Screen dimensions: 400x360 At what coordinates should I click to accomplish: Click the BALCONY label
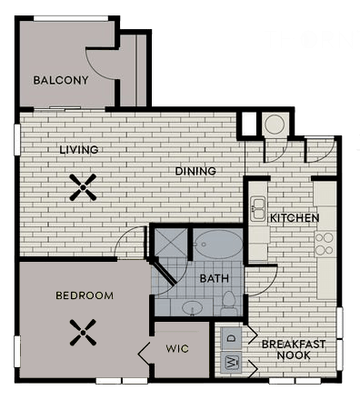coord(61,80)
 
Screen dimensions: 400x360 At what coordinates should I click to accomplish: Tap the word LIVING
coord(79,149)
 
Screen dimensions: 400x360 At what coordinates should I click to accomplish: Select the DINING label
coord(195,171)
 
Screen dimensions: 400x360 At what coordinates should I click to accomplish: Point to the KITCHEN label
coord(294,219)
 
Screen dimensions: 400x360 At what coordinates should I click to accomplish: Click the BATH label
coord(214,278)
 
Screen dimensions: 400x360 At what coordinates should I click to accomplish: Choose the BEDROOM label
coord(85,295)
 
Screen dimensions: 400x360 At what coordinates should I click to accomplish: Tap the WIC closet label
coord(177,348)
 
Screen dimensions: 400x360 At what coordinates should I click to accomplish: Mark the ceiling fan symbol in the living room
coord(84,187)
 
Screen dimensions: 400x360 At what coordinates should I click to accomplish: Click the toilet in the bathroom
coord(230,302)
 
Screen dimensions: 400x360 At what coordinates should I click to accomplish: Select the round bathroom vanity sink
coord(193,308)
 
